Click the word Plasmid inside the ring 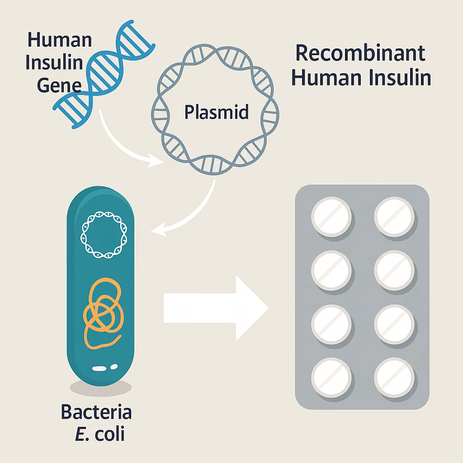(217, 112)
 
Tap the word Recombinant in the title (360, 53)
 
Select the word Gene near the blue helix (59, 85)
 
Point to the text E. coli (100, 434)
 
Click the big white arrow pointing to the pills (216, 308)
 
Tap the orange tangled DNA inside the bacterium (104, 313)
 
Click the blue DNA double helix (104, 74)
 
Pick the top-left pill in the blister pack (331, 217)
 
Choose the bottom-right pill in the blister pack (394, 378)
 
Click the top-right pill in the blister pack (394, 217)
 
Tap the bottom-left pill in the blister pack (331, 378)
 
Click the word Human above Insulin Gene (60, 40)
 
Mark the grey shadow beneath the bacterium (101, 388)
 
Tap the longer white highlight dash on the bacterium (99, 369)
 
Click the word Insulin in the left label (54, 62)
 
